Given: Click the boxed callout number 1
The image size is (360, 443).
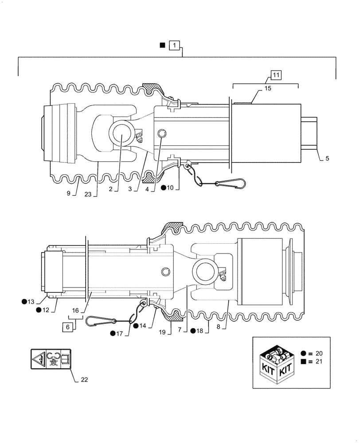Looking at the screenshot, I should [176, 45].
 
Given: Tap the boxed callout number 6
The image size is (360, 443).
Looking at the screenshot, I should [68, 327].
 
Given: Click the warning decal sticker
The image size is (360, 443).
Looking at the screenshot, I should [50, 359].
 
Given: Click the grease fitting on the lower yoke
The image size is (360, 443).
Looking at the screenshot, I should [224, 276].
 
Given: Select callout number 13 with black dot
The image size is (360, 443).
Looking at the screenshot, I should [30, 302].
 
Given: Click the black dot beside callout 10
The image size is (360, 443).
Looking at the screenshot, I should [164, 188].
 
